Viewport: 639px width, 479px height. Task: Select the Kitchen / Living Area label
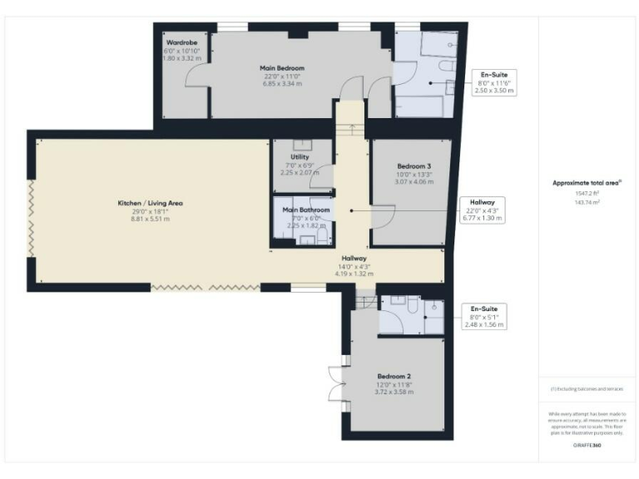click(x=150, y=203)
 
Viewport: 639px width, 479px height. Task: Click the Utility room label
click(x=300, y=157)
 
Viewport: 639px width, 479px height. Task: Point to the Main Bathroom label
click(x=305, y=210)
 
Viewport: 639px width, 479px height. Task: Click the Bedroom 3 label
click(x=414, y=166)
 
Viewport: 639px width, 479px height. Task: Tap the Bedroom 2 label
click(x=394, y=376)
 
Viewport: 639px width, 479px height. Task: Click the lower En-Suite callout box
click(x=484, y=316)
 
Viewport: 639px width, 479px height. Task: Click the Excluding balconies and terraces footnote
click(x=587, y=388)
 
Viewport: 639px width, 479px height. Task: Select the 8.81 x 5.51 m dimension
click(x=150, y=219)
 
